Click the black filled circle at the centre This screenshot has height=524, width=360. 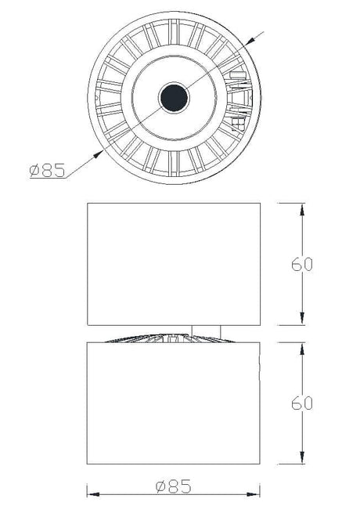[x=174, y=98]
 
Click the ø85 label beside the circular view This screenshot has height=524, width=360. [x=47, y=171]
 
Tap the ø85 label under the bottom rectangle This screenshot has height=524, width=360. [x=174, y=486]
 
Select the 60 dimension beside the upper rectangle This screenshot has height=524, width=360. [x=301, y=264]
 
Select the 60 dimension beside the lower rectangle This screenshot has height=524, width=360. [x=301, y=403]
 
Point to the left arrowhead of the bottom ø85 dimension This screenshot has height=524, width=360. [x=93, y=494]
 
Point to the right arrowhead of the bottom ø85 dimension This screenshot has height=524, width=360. [x=254, y=494]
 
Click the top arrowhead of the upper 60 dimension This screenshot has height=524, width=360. [x=302, y=210]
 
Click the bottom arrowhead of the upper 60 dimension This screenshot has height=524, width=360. [x=302, y=319]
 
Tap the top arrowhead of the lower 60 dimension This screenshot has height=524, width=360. [x=302, y=349]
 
